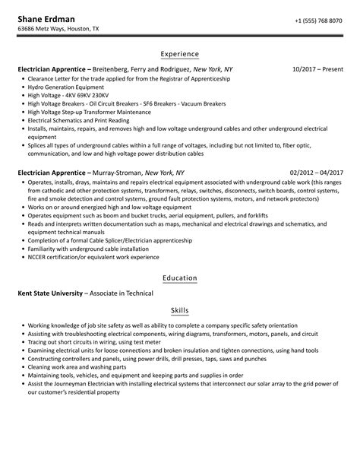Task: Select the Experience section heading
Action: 180,54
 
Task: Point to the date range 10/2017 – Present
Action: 316,68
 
